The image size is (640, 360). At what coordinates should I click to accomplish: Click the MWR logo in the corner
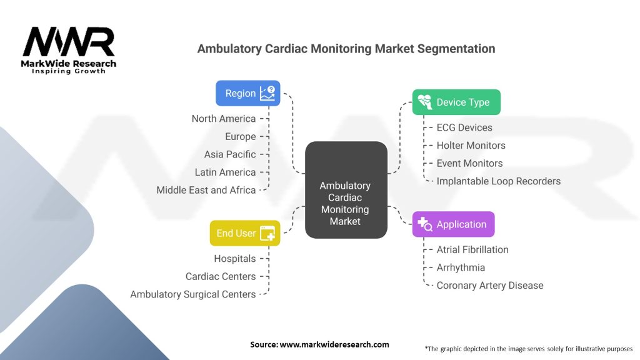pyautogui.click(x=69, y=49)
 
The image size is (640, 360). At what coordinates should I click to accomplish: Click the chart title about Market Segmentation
pyautogui.click(x=346, y=49)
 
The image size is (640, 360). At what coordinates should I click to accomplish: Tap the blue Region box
pyautogui.click(x=247, y=93)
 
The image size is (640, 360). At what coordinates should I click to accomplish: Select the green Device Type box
pyautogui.click(x=456, y=102)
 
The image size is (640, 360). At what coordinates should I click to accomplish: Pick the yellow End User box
pyautogui.click(x=244, y=233)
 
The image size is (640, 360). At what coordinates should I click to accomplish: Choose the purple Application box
pyautogui.click(x=453, y=224)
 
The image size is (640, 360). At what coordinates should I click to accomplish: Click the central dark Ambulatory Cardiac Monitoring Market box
pyautogui.click(x=346, y=190)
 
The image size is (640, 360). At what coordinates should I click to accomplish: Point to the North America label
pyautogui.click(x=224, y=119)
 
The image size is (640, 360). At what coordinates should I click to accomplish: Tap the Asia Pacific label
pyautogui.click(x=230, y=154)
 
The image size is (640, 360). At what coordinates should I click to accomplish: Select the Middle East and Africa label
pyautogui.click(x=206, y=190)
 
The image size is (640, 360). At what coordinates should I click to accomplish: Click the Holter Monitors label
pyautogui.click(x=471, y=146)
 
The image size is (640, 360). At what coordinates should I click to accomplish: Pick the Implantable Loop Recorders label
pyautogui.click(x=499, y=181)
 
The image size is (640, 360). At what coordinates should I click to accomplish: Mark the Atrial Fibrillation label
pyautogui.click(x=472, y=249)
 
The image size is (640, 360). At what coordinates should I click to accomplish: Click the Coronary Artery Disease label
pyautogui.click(x=490, y=286)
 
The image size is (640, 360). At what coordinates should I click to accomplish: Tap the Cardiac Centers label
pyautogui.click(x=221, y=276)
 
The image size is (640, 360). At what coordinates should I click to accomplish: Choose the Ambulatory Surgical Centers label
pyautogui.click(x=193, y=294)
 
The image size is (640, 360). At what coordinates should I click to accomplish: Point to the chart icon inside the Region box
pyautogui.click(x=267, y=93)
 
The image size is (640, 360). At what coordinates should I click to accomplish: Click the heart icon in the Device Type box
pyautogui.click(x=424, y=102)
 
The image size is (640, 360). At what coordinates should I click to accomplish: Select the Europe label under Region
pyautogui.click(x=241, y=136)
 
